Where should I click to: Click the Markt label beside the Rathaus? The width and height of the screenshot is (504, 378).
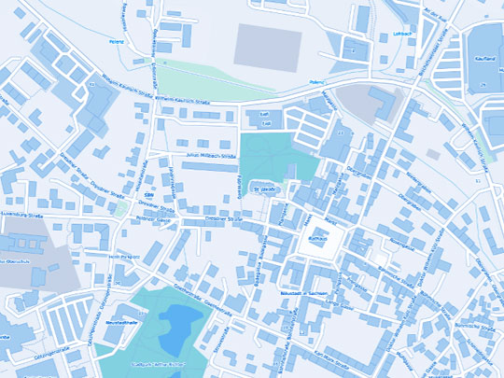(x=329, y=221)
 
